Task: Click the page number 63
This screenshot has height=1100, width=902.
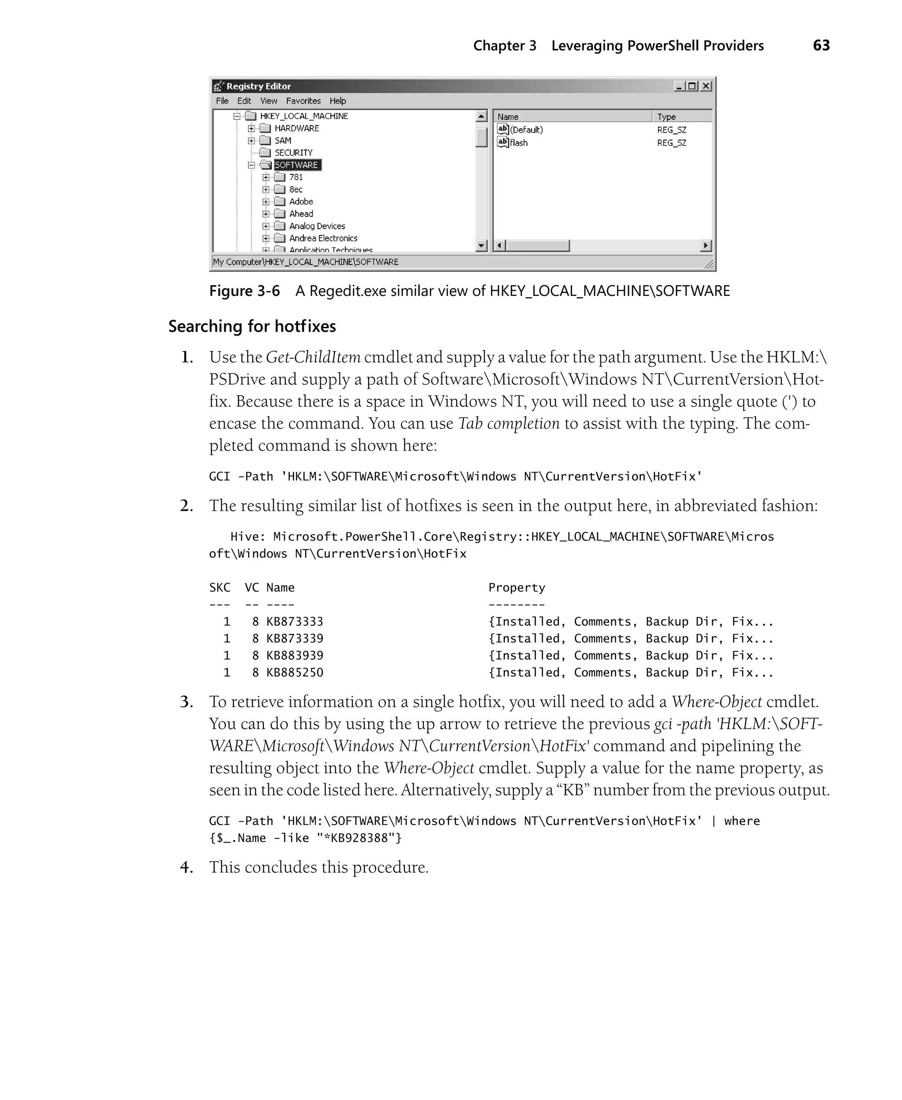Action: point(821,46)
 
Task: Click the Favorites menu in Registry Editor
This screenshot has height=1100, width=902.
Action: point(303,101)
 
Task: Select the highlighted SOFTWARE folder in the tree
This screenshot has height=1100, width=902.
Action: point(296,165)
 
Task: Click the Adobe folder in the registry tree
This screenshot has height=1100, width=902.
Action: point(301,202)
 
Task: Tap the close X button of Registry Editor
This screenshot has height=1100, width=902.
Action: point(706,86)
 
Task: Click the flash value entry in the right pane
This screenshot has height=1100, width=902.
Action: point(518,143)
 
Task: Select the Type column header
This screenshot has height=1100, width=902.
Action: point(667,117)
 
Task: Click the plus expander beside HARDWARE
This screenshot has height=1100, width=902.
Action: point(251,128)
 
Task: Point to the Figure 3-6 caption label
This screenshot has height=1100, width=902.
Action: point(244,291)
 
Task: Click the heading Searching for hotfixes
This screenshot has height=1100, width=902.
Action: point(252,326)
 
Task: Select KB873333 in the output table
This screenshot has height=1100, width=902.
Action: point(295,622)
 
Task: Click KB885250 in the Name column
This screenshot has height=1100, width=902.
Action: point(295,672)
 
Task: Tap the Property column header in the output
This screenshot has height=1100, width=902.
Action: point(517,587)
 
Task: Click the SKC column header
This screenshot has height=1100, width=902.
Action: point(219,587)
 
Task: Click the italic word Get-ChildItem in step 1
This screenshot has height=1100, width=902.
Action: point(313,357)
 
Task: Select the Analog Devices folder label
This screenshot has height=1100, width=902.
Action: point(317,226)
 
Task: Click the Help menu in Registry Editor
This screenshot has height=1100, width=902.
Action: point(337,101)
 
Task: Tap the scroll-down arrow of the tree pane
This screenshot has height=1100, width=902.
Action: point(481,246)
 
